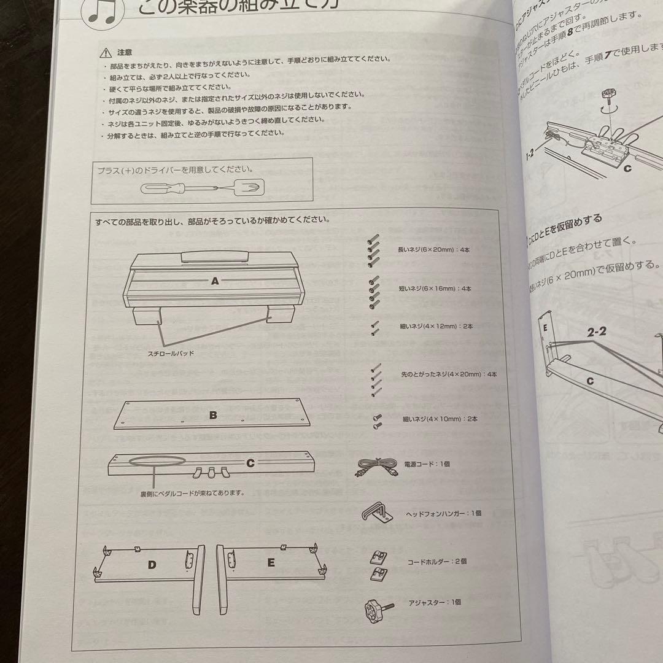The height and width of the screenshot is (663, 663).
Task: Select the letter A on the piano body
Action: (x=215, y=281)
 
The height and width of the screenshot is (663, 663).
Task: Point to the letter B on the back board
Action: (x=213, y=416)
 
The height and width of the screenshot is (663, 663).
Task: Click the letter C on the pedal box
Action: (x=250, y=463)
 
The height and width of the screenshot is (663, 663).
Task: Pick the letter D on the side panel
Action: (x=152, y=564)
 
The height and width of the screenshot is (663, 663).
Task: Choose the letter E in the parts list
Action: (x=271, y=562)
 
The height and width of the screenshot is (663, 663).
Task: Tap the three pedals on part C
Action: (x=209, y=472)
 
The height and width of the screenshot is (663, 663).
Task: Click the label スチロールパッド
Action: (x=169, y=354)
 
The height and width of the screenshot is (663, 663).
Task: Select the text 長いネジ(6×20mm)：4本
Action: (x=435, y=250)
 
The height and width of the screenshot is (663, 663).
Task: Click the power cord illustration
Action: (x=376, y=468)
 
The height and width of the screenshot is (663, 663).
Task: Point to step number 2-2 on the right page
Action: (x=596, y=332)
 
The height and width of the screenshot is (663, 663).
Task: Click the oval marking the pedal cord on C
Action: (x=160, y=462)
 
